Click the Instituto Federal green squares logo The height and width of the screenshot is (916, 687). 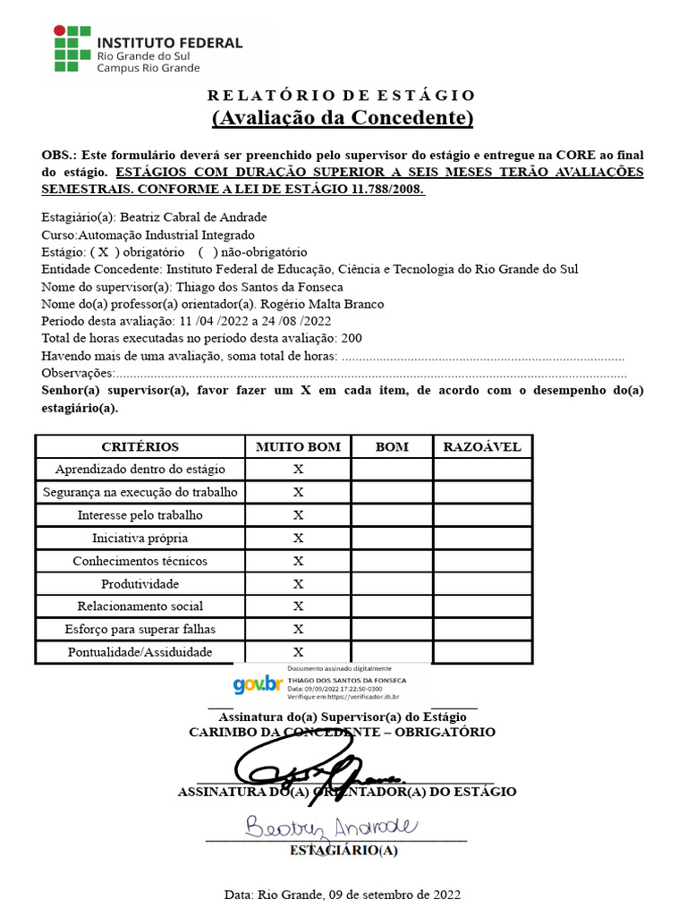point(72,49)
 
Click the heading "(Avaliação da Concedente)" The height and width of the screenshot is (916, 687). point(343,118)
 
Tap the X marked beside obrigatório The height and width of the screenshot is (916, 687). point(104,252)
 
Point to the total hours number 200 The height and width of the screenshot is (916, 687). point(352,339)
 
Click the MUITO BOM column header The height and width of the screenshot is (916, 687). point(298,446)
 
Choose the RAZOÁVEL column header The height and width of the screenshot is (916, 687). point(482,446)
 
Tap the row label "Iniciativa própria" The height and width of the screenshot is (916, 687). point(140,539)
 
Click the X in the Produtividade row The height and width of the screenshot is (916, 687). point(298,584)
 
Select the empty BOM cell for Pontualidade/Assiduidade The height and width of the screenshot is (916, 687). point(392,653)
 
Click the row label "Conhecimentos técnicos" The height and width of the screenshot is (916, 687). point(140,561)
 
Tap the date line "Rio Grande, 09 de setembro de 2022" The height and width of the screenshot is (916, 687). point(358,895)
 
